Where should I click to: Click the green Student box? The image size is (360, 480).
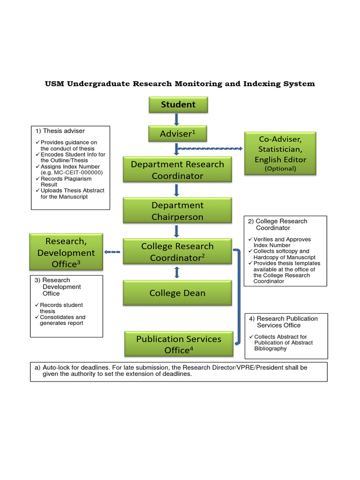178,105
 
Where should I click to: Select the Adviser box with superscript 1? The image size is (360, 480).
178,134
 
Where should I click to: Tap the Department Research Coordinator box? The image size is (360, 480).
177,170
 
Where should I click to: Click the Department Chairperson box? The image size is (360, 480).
177,211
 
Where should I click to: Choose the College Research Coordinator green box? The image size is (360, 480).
177,252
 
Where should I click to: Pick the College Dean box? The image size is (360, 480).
177,293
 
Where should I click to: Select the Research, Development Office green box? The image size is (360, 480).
66,252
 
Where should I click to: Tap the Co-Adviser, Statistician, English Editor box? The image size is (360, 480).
280,154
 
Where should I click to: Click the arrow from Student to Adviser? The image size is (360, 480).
177,119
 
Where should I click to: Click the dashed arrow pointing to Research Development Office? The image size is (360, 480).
112,252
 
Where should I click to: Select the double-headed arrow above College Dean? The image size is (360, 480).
177,272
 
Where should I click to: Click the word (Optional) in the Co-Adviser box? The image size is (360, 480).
280,169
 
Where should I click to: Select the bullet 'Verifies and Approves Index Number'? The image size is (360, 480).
282,242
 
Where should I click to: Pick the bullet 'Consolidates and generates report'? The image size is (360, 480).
62,320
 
